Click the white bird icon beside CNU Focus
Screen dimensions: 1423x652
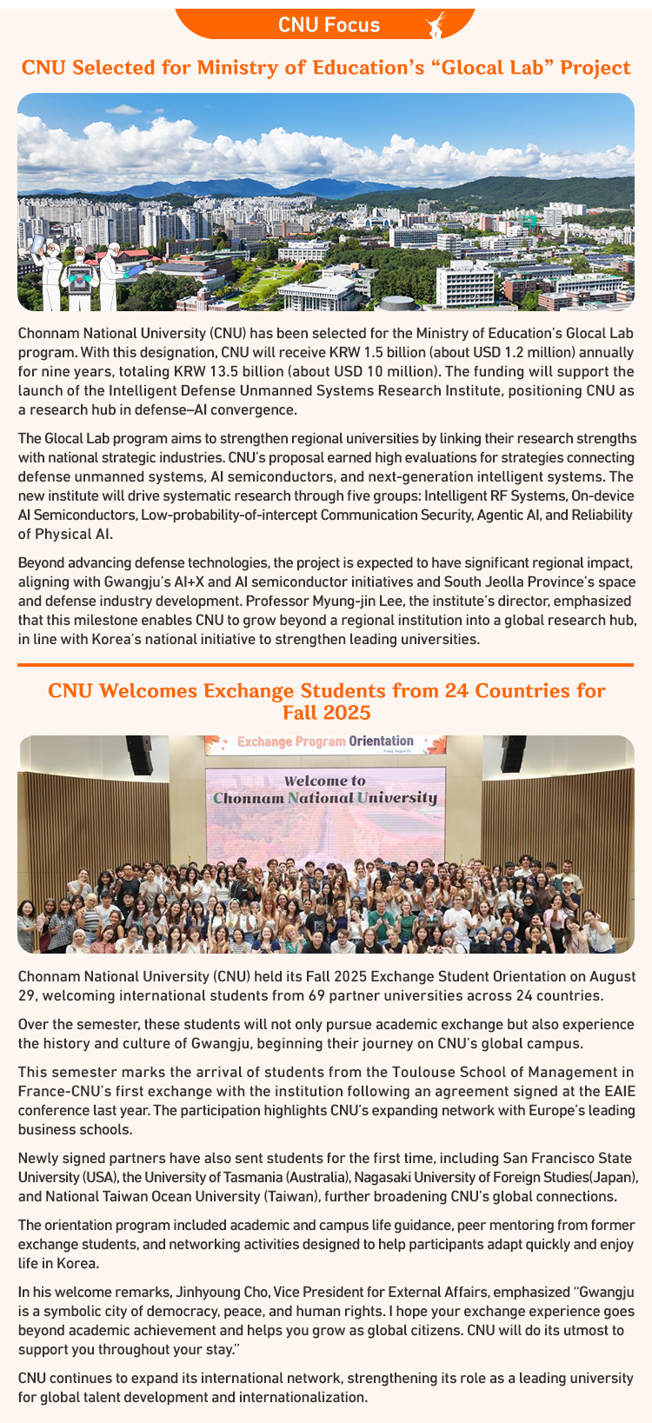point(436,25)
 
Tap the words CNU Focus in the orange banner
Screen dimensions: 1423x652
point(329,25)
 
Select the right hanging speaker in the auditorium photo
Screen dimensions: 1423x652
point(513,754)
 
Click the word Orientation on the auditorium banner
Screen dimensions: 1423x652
point(381,741)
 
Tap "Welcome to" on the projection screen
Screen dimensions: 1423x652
point(325,781)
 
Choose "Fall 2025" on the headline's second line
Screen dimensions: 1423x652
point(326,713)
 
